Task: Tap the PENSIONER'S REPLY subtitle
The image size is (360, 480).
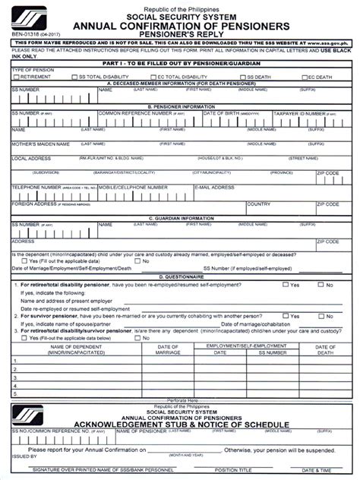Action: click(x=180, y=35)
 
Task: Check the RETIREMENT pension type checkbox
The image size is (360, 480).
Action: click(x=14, y=77)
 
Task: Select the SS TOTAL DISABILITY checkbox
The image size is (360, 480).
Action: click(x=73, y=77)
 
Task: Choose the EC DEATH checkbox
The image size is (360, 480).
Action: click(x=303, y=77)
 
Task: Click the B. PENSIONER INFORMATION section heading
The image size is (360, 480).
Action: click(x=180, y=106)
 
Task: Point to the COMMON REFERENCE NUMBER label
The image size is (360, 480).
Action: click(x=130, y=112)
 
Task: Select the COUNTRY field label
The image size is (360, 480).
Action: click(x=258, y=204)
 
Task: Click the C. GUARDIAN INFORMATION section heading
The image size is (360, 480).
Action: click(x=180, y=218)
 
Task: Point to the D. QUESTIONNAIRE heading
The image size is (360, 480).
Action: click(x=180, y=276)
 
